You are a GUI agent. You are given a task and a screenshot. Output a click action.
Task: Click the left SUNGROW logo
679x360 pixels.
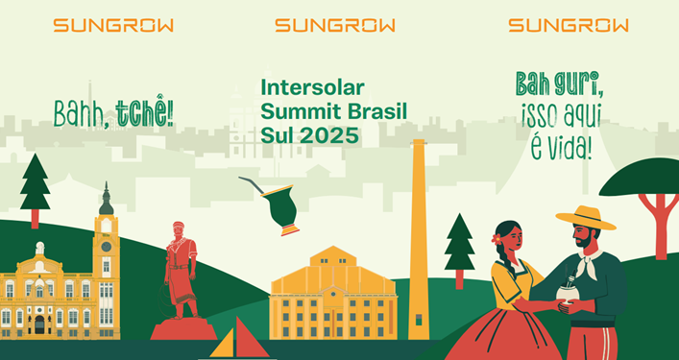click(x=101, y=26)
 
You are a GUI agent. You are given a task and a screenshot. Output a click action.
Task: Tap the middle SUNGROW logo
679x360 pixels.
click(x=334, y=26)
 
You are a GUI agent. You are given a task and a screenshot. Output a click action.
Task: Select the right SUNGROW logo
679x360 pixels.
click(x=569, y=26)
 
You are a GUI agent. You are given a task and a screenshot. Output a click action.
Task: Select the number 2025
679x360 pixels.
click(x=327, y=135)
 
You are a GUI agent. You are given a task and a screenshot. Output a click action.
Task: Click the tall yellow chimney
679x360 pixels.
click(x=419, y=240)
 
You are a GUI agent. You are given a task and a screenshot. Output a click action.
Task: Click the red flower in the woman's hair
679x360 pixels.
click(x=497, y=238)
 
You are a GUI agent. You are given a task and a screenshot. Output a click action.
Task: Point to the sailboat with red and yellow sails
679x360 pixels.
click(x=239, y=340)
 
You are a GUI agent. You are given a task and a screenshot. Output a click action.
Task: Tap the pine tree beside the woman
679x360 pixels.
click(x=459, y=247)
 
